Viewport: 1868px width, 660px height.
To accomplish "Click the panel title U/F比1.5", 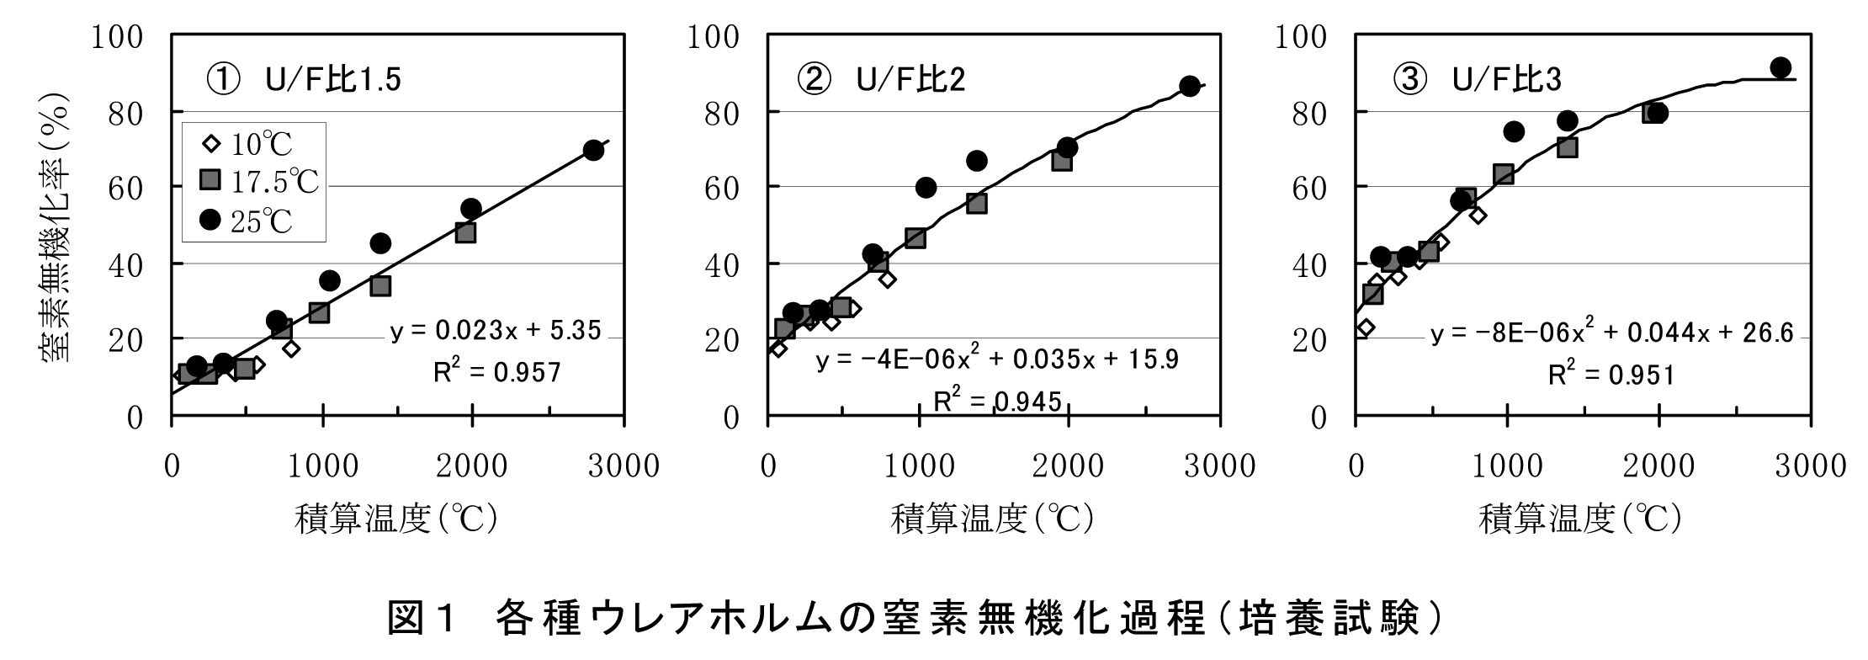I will [303, 80].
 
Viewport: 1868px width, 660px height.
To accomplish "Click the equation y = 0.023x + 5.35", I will [496, 331].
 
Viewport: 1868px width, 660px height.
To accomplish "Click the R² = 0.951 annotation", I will [1611, 375].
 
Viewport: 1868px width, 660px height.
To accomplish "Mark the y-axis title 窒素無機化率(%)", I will [56, 227].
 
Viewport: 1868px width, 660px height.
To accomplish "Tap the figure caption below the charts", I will [915, 619].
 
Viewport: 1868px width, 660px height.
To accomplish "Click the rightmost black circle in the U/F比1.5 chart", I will [593, 151].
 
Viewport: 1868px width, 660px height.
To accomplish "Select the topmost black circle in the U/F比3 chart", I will [1780, 67].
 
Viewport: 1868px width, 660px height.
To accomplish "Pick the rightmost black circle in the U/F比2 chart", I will [1189, 86].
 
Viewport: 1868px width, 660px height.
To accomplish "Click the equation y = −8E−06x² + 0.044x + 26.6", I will [1611, 333].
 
